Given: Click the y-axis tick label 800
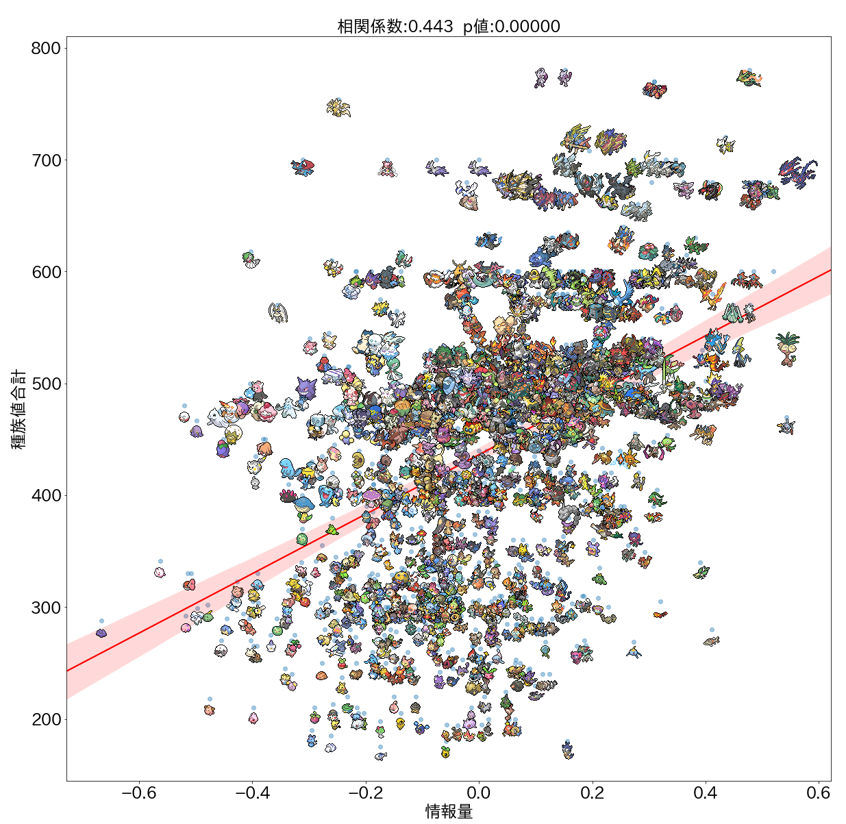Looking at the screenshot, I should tap(45, 49).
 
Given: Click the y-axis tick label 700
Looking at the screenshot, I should tap(45, 160).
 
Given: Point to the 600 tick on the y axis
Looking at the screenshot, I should tap(45, 272).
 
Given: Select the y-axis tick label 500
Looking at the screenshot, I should tap(45, 384).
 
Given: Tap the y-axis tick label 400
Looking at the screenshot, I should tap(45, 496).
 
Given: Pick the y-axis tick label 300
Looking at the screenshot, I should tap(45, 608).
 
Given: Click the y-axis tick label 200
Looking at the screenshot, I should tap(45, 720).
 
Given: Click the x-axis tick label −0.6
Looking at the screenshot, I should tap(139, 793).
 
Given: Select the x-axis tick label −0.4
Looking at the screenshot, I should tap(252, 793).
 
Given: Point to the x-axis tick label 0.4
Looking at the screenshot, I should tap(705, 793).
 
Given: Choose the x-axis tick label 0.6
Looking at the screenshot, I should tap(818, 793).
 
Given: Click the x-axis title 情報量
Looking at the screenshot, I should tap(449, 812).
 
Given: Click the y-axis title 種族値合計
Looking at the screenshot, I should tap(18, 410).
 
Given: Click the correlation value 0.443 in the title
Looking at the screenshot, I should tap(430, 27).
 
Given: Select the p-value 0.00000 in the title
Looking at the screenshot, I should tap(530, 27).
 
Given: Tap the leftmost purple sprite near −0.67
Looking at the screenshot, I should tap(101, 633).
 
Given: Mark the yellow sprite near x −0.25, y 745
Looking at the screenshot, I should tap(338, 108).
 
